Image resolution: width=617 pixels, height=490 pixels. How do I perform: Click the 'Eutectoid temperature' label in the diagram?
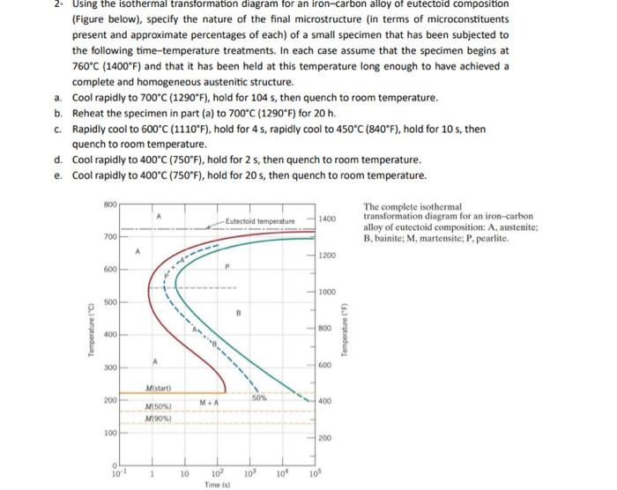coord(260,219)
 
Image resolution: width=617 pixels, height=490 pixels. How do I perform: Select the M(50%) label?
coord(158,406)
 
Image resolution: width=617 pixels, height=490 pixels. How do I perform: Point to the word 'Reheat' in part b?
coord(89,113)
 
